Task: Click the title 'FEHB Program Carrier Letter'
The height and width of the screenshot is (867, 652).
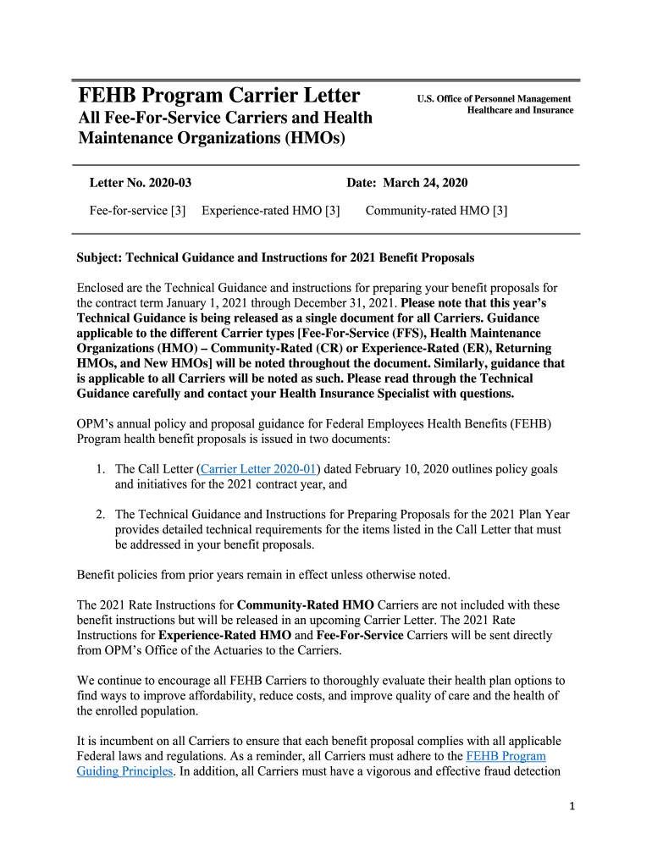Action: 218,95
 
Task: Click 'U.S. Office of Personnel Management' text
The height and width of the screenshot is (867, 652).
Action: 494,99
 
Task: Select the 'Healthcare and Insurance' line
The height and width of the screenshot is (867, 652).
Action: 520,110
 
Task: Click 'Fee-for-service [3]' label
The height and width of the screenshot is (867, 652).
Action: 137,211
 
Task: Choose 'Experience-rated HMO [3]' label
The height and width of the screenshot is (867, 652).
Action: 271,211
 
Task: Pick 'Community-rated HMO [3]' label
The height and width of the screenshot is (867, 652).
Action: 436,211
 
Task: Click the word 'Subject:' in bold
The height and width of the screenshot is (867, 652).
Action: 100,257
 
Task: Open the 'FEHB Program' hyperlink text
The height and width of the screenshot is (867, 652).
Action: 506,756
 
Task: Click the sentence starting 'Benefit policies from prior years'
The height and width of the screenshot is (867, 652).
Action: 263,575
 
